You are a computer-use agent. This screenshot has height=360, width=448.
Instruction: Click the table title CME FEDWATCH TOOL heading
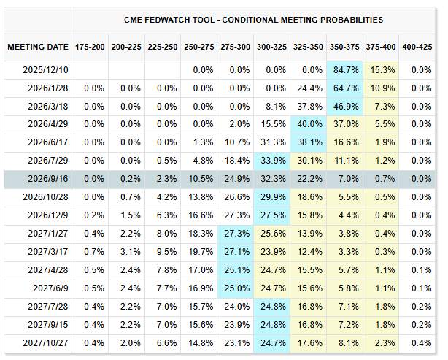coord(252,20)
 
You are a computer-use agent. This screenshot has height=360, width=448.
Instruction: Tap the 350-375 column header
coord(344,47)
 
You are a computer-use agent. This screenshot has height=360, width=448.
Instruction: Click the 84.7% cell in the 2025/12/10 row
coord(344,70)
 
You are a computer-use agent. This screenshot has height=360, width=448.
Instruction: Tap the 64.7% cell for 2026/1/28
coord(344,88)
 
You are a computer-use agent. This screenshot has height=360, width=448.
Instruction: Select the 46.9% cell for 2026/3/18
coord(344,107)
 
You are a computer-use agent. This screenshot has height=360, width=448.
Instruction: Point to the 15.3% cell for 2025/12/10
coord(380,70)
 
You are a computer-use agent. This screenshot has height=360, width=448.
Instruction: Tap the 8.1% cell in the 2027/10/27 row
coord(344,342)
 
